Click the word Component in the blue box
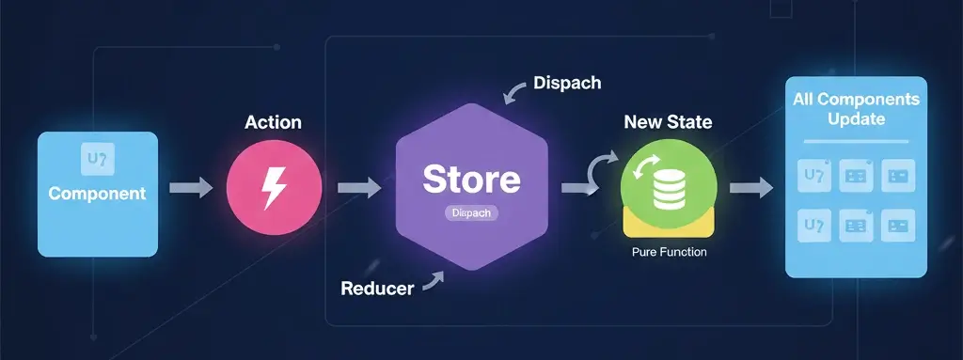tap(97, 195)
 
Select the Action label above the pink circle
tap(273, 123)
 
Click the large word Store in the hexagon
tap(470, 180)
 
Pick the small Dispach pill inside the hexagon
tap(470, 213)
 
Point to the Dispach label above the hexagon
tap(566, 83)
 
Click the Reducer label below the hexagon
tap(377, 289)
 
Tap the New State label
tap(668, 122)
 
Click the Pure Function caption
tap(669, 253)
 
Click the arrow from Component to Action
tap(191, 188)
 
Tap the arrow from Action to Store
tap(359, 188)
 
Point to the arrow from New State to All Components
tap(750, 188)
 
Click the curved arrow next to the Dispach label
tap(515, 90)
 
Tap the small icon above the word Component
tap(97, 160)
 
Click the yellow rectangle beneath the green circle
tap(669, 225)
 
